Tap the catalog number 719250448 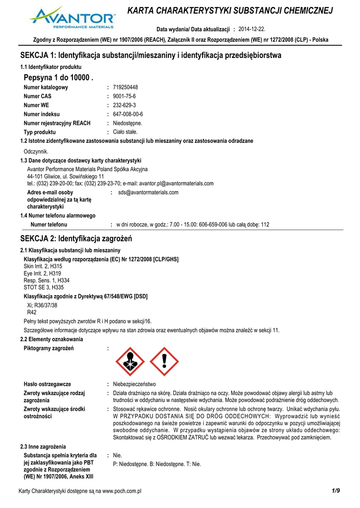point(126,87)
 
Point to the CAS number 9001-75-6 point(124,96)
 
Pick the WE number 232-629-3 point(124,105)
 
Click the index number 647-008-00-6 point(128,114)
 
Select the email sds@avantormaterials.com point(148,192)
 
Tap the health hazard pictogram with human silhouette point(129,361)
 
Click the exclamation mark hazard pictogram point(164,361)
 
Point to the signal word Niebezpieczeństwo point(134,384)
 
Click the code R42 point(32,313)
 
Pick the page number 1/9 point(335,491)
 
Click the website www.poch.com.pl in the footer point(122,491)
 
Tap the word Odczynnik point(36,152)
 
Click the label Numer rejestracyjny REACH point(57,123)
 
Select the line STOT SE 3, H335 point(44,287)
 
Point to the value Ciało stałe point(125,132)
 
